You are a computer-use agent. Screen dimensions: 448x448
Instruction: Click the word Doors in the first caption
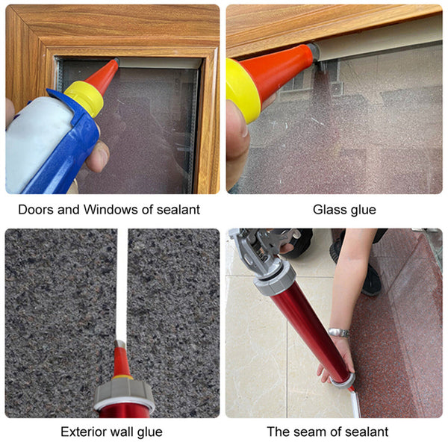34,210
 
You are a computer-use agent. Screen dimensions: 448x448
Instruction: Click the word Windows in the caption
105,210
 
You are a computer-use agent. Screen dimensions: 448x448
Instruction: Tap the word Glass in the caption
329,210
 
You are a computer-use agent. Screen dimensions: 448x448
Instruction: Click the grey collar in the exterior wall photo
124,393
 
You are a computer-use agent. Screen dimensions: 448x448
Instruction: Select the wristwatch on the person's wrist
338,332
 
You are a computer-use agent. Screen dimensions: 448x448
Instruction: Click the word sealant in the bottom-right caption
364,432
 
